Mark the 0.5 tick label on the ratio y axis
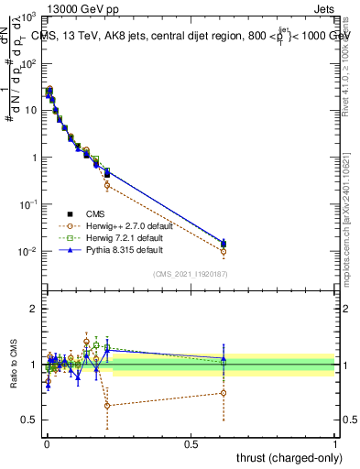29,420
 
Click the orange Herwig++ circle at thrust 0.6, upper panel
224,251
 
